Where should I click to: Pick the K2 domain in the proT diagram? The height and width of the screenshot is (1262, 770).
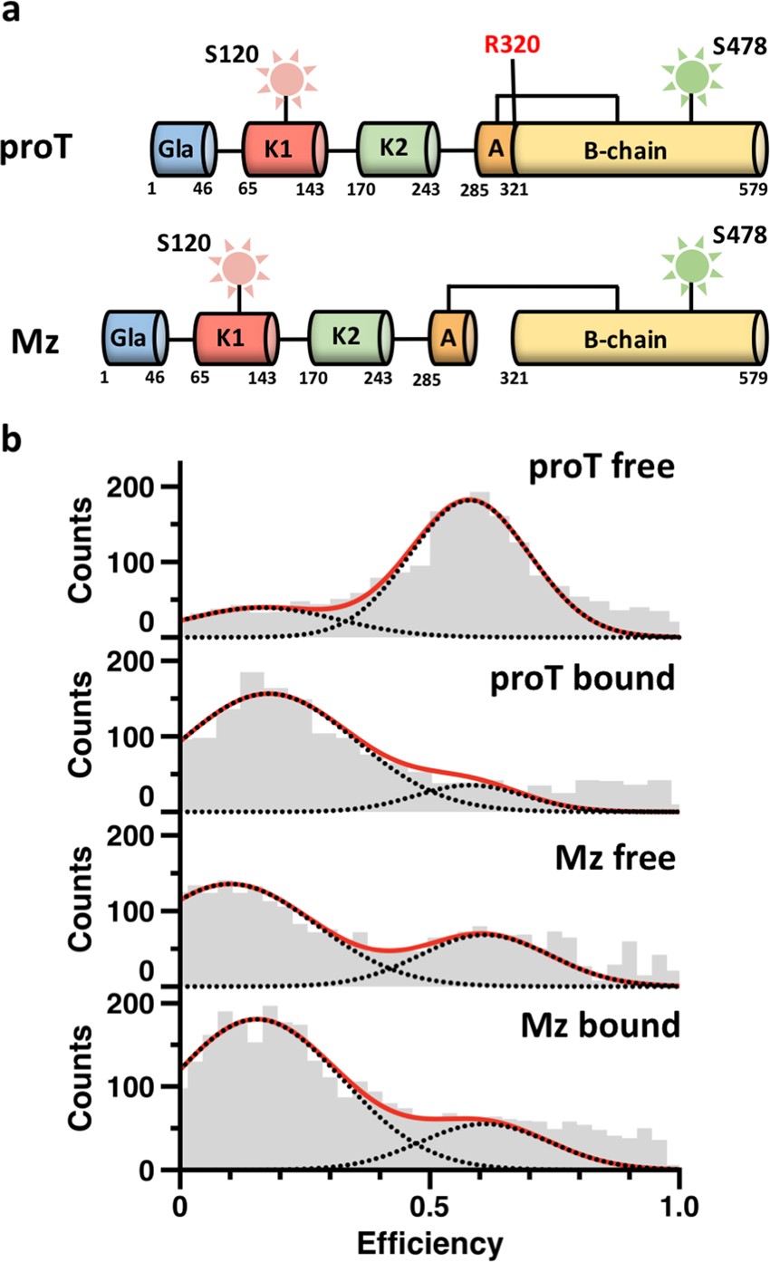(396, 149)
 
